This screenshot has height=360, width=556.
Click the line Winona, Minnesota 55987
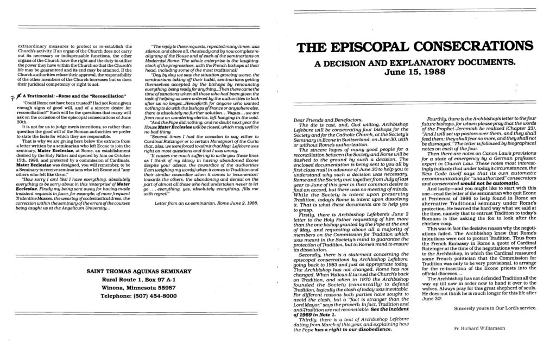point(138,289)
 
